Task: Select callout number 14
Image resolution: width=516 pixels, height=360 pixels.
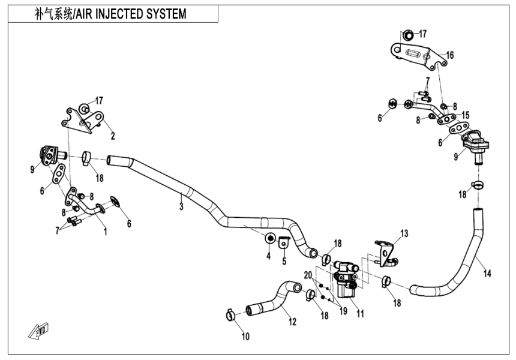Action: (x=488, y=274)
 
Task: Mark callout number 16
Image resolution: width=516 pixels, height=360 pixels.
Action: (x=450, y=55)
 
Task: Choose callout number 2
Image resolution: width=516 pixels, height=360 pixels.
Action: (x=112, y=136)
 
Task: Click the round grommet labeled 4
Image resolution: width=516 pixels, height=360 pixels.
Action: (x=271, y=239)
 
